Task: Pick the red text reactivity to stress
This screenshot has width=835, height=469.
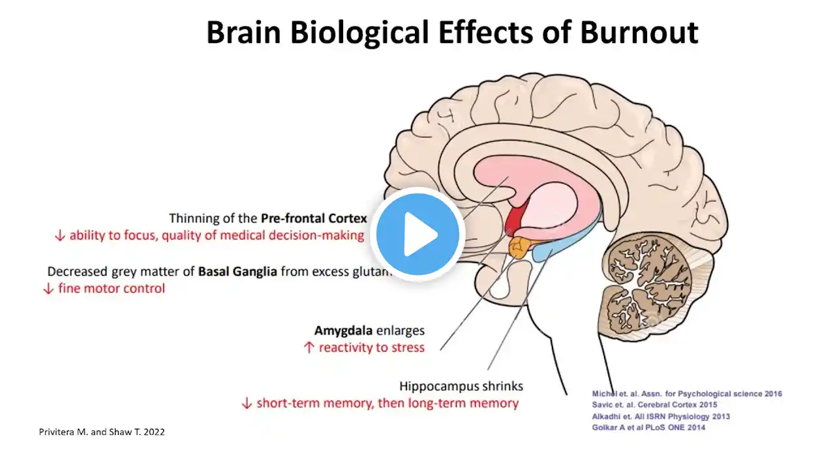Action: (371, 348)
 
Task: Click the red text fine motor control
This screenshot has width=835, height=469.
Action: (112, 288)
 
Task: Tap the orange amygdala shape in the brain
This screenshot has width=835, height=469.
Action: (520, 246)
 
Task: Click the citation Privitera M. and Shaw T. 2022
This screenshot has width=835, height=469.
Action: (102, 431)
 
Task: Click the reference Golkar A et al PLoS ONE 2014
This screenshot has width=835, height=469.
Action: (648, 427)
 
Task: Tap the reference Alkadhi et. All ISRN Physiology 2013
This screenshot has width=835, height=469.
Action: (661, 416)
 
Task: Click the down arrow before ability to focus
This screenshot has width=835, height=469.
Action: (60, 236)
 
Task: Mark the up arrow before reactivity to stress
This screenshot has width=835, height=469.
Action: (310, 348)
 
